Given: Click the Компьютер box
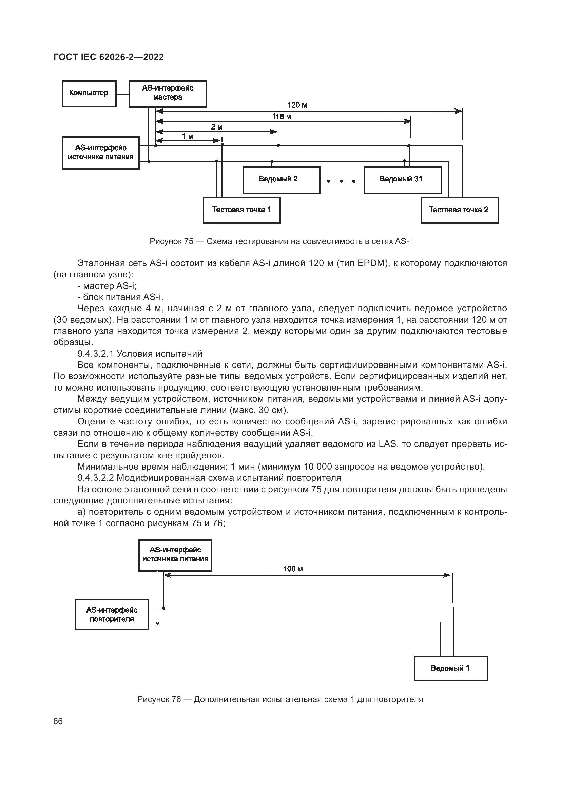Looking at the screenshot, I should point(89,93).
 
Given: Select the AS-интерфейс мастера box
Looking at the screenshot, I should point(168,93).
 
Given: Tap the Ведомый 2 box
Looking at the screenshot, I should point(282,180).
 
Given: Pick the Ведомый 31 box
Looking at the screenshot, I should point(403,180).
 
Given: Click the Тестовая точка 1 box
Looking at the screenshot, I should point(241,210).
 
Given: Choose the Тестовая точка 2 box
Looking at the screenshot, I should point(459,210).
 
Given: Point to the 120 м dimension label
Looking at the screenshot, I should point(297,105).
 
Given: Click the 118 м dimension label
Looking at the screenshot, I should point(282,116).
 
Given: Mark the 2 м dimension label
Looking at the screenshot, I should point(217,127).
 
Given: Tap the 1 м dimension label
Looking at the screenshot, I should point(188,136).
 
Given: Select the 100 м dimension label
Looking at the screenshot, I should point(293,569).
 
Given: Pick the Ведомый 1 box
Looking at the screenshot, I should point(450,668).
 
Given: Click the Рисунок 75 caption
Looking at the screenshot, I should point(280,241).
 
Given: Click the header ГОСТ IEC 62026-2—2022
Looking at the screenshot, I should point(109,57).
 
